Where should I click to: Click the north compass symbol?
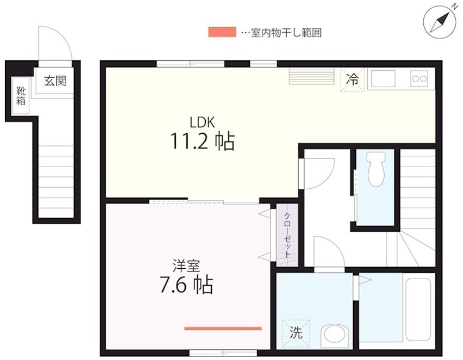point(440,22)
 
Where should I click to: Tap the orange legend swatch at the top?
point(222,32)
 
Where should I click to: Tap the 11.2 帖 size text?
point(202,141)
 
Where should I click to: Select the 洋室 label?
point(185,265)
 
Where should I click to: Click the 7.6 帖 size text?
point(185,285)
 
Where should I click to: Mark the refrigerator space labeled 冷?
point(352,79)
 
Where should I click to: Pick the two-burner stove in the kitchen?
point(419,79)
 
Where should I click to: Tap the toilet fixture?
point(375,170)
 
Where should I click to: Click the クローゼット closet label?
point(288,235)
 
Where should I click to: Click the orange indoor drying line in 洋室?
point(223,328)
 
